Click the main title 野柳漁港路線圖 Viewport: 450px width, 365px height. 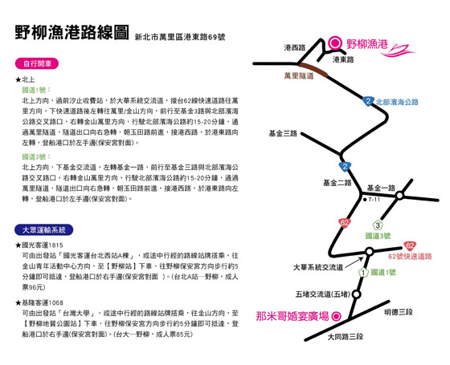72,32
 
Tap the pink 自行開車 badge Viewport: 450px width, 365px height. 37,63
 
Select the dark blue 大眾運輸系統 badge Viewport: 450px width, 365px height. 44,229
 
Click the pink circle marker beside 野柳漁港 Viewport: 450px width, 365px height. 334,43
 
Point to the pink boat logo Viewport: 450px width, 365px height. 398,51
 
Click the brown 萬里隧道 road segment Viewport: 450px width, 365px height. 313,70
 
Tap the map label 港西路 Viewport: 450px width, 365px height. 294,47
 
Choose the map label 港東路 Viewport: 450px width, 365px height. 343,59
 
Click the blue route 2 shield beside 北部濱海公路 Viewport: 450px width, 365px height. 368,101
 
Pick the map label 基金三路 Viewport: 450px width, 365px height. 283,133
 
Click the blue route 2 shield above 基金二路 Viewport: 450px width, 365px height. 345,167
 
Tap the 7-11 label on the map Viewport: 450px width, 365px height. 372,200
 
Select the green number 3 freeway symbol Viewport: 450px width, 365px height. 378,225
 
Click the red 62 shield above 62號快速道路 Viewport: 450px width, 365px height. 410,245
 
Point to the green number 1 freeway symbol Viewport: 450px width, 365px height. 363,273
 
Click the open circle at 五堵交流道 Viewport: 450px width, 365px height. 356,294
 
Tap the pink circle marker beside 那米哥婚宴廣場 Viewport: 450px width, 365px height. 336,316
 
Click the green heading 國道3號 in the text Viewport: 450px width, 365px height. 36,156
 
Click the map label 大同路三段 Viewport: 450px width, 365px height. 346,337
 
